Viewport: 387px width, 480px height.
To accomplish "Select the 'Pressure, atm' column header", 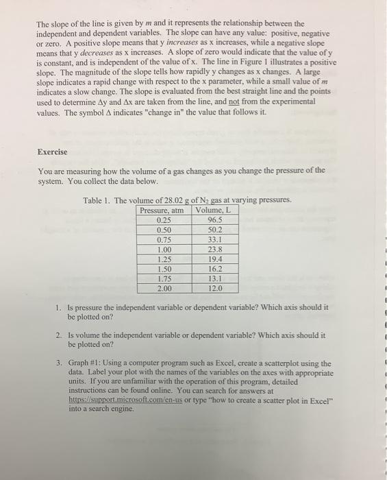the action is click(162, 211).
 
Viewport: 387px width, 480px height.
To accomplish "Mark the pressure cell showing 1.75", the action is click(164, 281).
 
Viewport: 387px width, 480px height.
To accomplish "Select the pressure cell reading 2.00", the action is click(164, 291).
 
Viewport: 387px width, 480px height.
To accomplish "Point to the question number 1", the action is click(60, 308).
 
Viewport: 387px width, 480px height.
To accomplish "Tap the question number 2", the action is click(60, 335).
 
